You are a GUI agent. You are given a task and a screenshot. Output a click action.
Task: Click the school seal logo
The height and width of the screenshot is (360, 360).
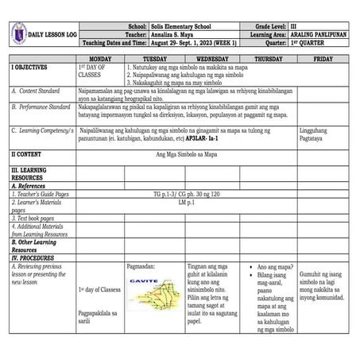tap(19, 34)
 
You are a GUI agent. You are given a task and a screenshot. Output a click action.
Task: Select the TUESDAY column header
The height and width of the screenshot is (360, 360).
tap(155, 60)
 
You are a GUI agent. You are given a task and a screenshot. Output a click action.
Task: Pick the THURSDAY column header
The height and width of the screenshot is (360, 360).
tap(268, 60)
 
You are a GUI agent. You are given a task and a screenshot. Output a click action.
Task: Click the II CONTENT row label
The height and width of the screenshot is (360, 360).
tap(29, 153)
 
